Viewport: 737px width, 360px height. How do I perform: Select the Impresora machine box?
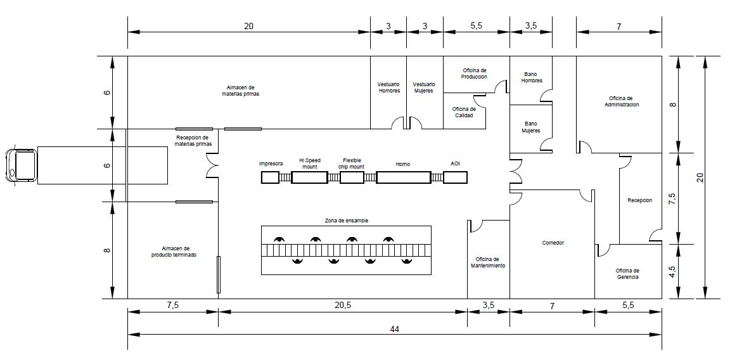270,177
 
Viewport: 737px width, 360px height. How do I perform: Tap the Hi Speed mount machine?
309,177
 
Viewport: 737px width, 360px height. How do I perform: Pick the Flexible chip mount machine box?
352,177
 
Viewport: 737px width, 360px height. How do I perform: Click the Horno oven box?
403,177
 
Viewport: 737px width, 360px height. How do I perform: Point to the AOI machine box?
455,177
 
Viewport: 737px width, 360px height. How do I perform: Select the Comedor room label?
553,243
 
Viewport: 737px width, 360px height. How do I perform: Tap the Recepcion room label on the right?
639,200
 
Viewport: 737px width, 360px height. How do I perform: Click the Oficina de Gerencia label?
627,274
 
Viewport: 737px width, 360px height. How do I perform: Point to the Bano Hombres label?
532,77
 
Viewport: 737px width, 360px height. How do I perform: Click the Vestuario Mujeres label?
425,88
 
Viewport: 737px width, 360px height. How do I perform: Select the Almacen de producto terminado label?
174,252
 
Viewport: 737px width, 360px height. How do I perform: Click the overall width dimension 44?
395,329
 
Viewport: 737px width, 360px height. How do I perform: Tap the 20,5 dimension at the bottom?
343,305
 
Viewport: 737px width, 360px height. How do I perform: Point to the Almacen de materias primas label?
241,91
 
